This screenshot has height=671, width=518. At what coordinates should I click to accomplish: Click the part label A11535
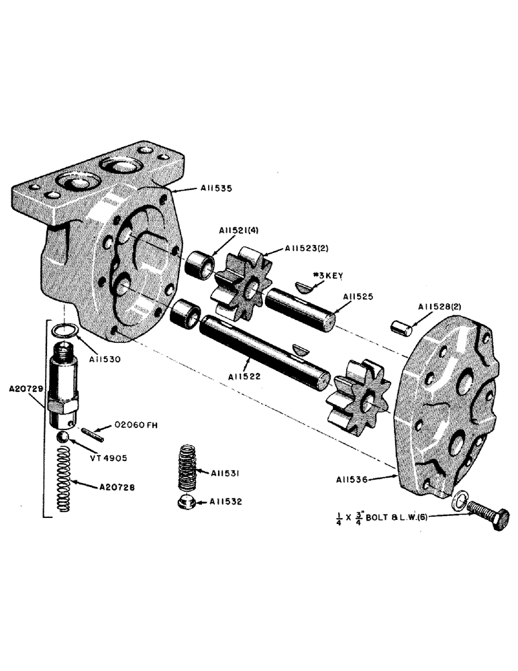217,189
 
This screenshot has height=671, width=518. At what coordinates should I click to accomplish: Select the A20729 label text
27,389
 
